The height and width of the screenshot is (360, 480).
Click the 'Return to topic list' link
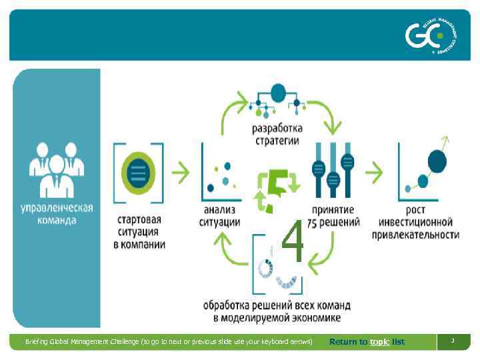[x=367, y=342]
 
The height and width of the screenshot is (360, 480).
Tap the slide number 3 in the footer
[x=452, y=341]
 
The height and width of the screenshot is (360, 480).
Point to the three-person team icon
[x=57, y=169]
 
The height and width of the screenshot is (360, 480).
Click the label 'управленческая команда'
[x=57, y=214]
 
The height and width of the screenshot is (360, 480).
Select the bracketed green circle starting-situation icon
[x=139, y=173]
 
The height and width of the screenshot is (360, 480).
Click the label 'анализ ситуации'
[x=219, y=216]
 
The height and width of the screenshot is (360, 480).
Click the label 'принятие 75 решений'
[x=335, y=216]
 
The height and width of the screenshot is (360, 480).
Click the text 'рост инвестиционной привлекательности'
[x=417, y=228]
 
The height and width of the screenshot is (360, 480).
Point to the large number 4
[x=293, y=242]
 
